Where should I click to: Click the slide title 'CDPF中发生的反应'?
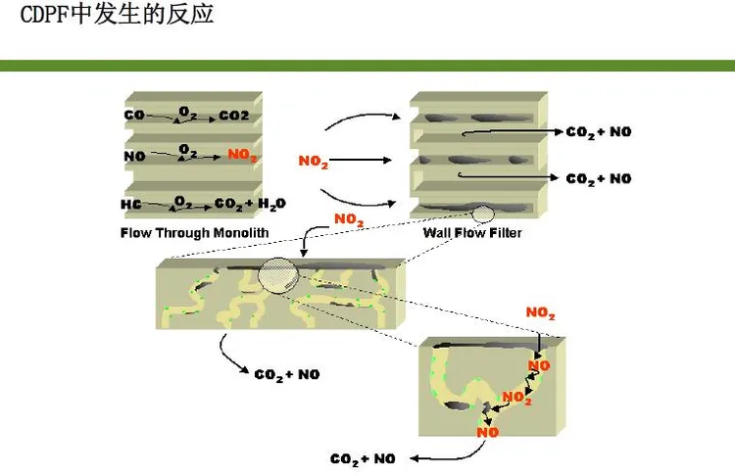point(118,14)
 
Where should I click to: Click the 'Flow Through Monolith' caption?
point(195,233)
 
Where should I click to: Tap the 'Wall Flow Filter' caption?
point(472,233)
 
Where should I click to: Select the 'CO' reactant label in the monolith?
point(134,115)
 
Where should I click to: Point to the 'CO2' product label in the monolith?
point(234,116)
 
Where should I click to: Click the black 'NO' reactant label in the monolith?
point(134,156)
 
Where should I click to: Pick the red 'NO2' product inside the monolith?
point(242,155)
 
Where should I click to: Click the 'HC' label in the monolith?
point(130,205)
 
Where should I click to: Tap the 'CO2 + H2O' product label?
point(250,205)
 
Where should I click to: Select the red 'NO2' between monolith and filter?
point(314,162)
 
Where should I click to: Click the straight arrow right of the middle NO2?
point(360,161)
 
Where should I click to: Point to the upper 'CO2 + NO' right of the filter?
point(599,132)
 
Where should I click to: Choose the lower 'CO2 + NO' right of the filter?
point(599,179)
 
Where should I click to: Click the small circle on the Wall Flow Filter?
point(483,214)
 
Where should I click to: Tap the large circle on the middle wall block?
point(278,275)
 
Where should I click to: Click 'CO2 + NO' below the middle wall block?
point(287,375)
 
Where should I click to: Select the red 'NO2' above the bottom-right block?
point(540,313)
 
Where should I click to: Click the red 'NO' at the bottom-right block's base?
point(487,432)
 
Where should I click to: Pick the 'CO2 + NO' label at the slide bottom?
point(363,459)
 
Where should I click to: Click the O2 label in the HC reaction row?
point(183,203)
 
